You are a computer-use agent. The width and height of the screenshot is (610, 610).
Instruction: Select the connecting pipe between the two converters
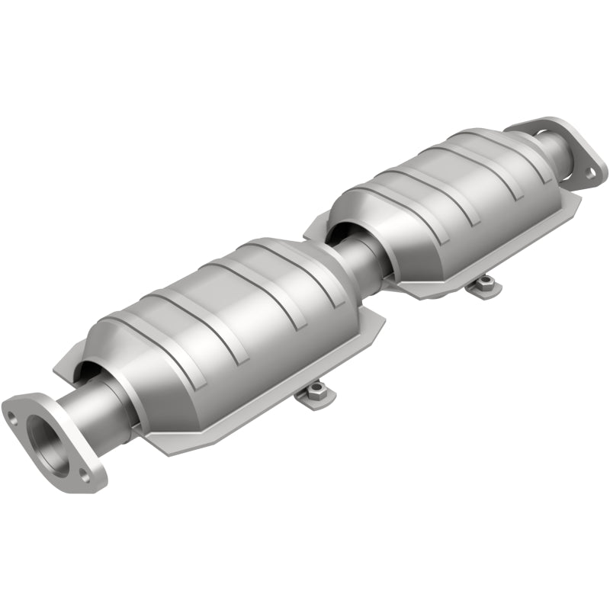[358, 259]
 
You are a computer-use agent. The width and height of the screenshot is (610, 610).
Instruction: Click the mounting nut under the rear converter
[482, 286]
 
